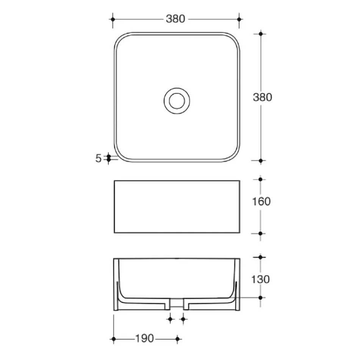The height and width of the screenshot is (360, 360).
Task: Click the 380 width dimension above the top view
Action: pos(175,19)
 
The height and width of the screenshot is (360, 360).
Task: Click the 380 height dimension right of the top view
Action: pos(262,97)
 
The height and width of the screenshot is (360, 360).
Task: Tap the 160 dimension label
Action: pos(261,201)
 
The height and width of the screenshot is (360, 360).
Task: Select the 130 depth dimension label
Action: pos(261,279)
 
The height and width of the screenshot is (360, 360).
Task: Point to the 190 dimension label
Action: pos(144,338)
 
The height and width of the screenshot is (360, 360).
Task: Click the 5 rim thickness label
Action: pos(99,158)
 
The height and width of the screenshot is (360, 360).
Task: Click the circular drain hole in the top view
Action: pos(177,100)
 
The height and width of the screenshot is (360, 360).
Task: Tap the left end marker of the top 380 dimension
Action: pos(112,19)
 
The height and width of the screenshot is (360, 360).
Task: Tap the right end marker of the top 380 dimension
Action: pos(239,19)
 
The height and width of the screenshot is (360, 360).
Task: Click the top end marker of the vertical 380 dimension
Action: pos(260,34)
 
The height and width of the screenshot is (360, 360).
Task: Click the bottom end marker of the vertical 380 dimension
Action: pos(260,161)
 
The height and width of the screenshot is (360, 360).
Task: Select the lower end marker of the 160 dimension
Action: pos(260,233)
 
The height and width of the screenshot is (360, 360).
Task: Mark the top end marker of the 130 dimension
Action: pos(260,257)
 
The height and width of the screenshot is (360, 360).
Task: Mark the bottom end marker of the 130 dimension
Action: pos(260,298)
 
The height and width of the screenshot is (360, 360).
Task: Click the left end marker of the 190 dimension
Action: pos(113,338)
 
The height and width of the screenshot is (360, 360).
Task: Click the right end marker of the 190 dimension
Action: pos(177,338)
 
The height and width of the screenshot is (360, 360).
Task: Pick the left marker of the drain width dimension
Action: pos(170,319)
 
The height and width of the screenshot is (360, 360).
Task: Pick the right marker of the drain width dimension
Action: pos(183,319)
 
